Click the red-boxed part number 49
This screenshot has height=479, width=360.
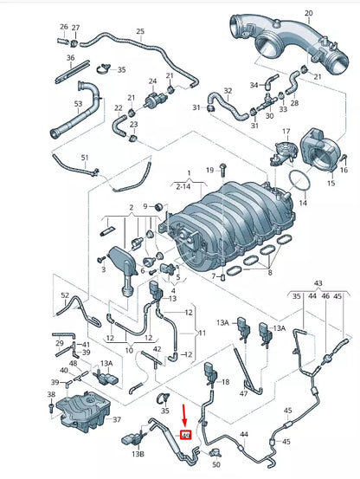pyautogui.click(x=185, y=435)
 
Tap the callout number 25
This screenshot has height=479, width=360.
pyautogui.click(x=140, y=32)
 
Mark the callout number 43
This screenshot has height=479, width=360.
pyautogui.click(x=318, y=283)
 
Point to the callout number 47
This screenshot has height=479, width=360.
pyautogui.click(x=243, y=393)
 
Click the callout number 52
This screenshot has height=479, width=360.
pyautogui.click(x=65, y=295)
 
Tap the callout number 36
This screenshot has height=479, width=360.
pyautogui.click(x=71, y=58)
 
